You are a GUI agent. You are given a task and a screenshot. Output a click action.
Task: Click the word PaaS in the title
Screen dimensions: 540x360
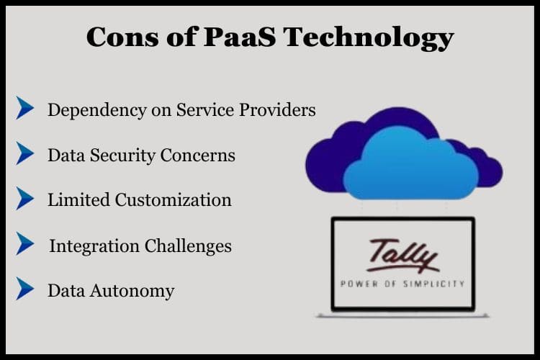point(240,37)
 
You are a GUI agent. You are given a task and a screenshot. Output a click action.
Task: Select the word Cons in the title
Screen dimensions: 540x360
point(122,37)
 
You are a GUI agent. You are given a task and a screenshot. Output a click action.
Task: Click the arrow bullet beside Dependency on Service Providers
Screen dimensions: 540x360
point(24,108)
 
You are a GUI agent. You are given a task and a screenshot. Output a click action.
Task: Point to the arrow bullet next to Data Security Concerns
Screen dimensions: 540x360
point(24,153)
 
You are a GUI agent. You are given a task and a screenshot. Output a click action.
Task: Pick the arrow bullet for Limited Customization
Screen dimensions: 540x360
point(24,198)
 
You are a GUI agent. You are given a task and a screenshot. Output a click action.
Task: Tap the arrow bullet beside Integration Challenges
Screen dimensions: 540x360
point(24,243)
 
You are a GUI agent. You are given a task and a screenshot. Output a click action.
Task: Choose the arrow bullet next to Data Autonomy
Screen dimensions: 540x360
point(24,288)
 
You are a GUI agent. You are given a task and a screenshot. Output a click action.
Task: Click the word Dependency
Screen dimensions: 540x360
point(97,111)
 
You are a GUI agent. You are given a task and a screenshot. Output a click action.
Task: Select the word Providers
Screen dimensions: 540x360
point(277,110)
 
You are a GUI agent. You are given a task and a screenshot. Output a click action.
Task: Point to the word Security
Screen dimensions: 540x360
point(122,156)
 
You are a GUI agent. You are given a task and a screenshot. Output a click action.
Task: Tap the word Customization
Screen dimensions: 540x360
point(174,200)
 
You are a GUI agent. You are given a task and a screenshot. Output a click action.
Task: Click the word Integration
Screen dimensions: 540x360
point(94,247)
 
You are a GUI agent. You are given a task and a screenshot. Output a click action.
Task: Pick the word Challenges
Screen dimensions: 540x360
point(188,246)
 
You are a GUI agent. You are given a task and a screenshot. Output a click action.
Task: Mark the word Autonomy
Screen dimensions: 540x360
point(132,292)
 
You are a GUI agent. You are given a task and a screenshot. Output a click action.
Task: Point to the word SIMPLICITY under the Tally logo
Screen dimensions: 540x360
point(434,284)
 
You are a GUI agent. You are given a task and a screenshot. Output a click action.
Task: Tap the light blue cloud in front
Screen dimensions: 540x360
point(411,164)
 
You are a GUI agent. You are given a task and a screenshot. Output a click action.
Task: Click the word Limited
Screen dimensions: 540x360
point(79,200)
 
